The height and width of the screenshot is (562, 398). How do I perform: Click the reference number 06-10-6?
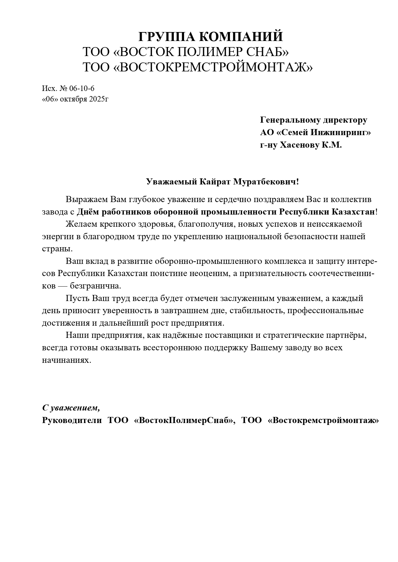[82, 88]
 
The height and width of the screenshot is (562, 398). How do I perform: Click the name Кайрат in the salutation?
[214, 182]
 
